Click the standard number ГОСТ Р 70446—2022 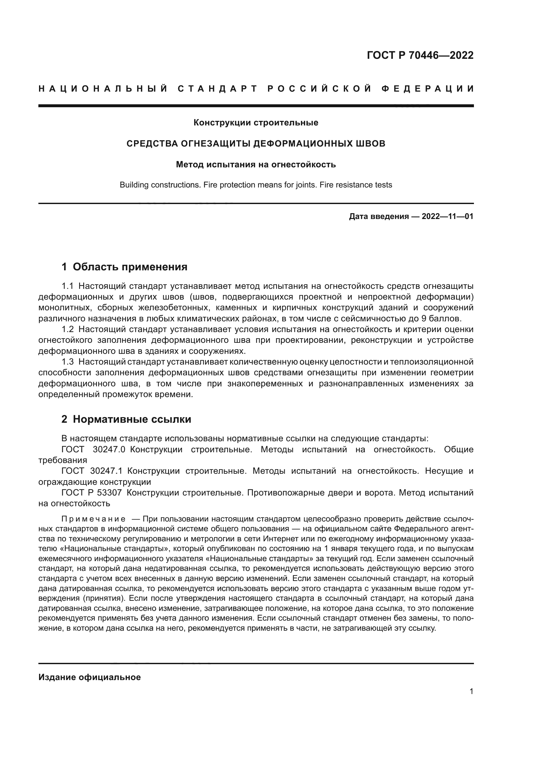pyautogui.click(x=420, y=55)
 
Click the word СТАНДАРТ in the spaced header pyautogui.click(x=218, y=89)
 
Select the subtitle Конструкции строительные pyautogui.click(x=256, y=123)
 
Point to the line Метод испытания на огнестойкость pyautogui.click(x=256, y=164)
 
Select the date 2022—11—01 pyautogui.click(x=447, y=217)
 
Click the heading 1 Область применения pyautogui.click(x=125, y=267)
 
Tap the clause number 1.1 pyautogui.click(x=68, y=286)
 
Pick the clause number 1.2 pyautogui.click(x=68, y=329)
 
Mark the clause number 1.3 pyautogui.click(x=68, y=362)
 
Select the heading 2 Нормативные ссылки pyautogui.click(x=126, y=419)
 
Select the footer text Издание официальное pyautogui.click(x=89, y=677)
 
